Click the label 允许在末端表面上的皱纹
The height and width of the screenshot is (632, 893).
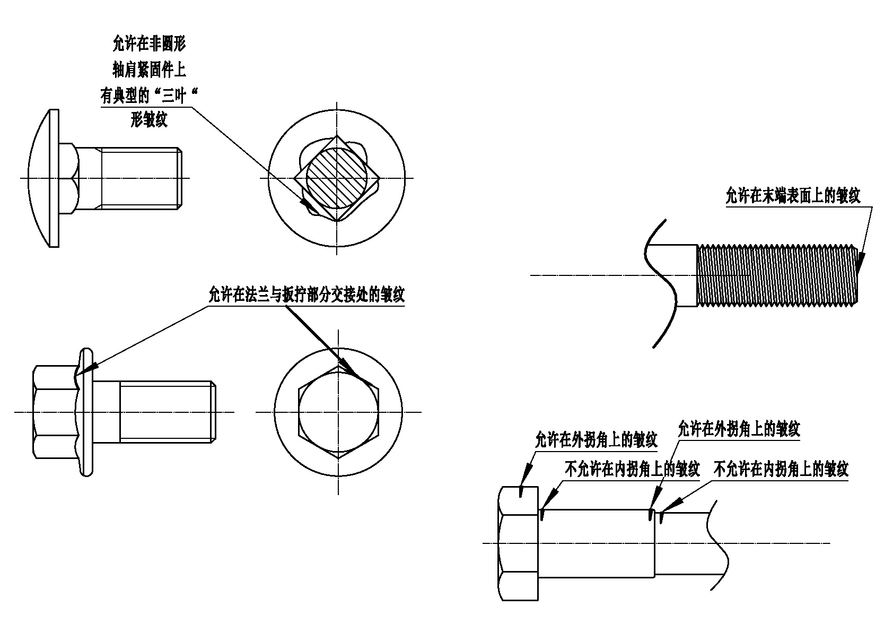click(793, 195)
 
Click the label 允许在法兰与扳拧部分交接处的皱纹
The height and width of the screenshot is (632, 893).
click(307, 295)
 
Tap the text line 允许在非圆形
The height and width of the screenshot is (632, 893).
click(149, 44)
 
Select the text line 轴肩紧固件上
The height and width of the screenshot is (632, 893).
click(149, 70)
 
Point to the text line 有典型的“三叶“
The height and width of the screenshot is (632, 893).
click(149, 96)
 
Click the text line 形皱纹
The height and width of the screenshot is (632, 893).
click(149, 119)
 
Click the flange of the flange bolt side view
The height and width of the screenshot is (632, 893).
click(87, 412)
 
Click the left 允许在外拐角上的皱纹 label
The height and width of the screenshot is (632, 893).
click(596, 440)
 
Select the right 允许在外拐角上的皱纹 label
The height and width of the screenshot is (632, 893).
click(739, 429)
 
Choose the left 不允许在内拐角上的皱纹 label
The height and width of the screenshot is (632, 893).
click(632, 469)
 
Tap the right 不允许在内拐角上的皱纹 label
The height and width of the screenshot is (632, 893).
click(781, 469)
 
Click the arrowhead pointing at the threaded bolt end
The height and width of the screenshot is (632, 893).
click(860, 263)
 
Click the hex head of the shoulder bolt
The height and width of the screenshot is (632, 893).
click(518, 543)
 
